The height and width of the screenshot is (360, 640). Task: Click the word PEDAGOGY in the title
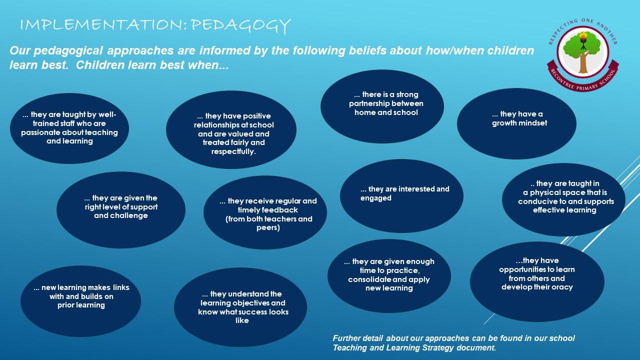240,25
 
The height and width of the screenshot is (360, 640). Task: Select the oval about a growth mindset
516,123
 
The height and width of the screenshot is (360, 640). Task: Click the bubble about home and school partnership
382,106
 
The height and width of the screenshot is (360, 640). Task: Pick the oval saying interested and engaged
401,196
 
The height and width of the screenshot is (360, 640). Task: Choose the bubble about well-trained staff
69,128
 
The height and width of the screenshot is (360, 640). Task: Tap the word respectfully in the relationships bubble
233,151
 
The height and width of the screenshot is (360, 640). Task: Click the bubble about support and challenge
121,209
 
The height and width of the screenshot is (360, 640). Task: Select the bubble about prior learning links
80,301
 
